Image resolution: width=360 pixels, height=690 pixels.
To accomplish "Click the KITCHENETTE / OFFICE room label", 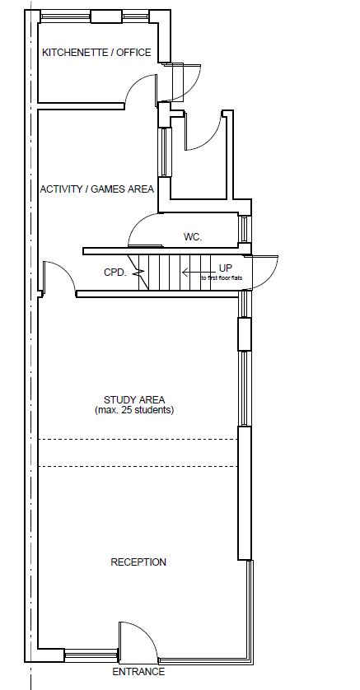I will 96,53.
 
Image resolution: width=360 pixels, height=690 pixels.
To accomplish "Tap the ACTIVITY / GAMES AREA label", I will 97,189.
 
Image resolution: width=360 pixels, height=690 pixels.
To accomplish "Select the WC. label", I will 193,237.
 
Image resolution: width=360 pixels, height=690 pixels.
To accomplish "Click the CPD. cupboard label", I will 115,273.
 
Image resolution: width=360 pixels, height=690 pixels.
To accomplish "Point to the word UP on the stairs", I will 225,268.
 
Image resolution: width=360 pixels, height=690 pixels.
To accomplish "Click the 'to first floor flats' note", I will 222,278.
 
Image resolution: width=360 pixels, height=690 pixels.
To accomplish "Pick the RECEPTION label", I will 138,562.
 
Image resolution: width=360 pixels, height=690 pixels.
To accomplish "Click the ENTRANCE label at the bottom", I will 138,672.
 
